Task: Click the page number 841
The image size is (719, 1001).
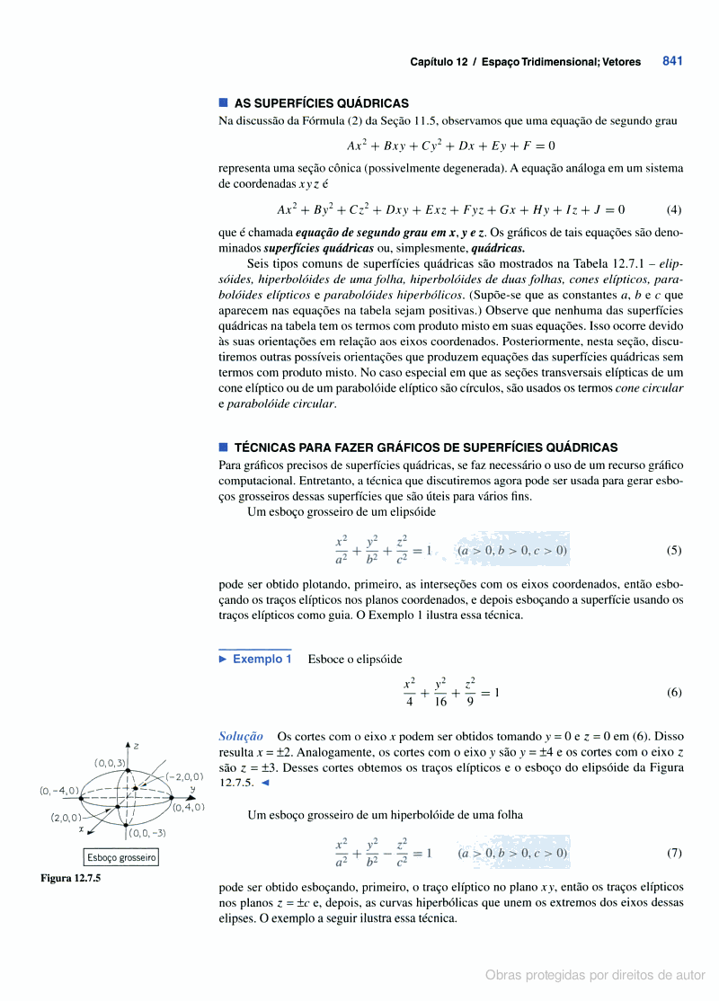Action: pos(672,61)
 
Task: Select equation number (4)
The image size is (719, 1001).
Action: pos(674,210)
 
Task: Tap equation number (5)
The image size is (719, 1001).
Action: pos(674,550)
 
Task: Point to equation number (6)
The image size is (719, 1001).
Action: pos(674,693)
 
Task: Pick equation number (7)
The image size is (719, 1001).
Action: pos(674,852)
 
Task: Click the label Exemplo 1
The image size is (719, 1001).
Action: pos(262,659)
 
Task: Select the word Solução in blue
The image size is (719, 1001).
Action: pos(241,735)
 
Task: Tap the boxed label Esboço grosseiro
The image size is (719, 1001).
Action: pos(121,857)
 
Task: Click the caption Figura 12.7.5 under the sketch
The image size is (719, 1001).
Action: pos(70,878)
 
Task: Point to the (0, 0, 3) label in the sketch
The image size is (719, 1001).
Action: pos(111,763)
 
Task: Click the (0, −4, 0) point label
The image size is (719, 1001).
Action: pos(59,791)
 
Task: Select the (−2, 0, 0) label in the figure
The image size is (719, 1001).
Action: pos(183,775)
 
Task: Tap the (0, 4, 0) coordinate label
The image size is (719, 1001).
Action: pos(189,807)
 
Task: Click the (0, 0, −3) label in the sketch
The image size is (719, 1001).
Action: pos(146,833)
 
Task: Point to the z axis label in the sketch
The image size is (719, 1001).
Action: pos(136,746)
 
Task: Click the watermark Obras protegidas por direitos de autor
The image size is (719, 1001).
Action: pos(595,974)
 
